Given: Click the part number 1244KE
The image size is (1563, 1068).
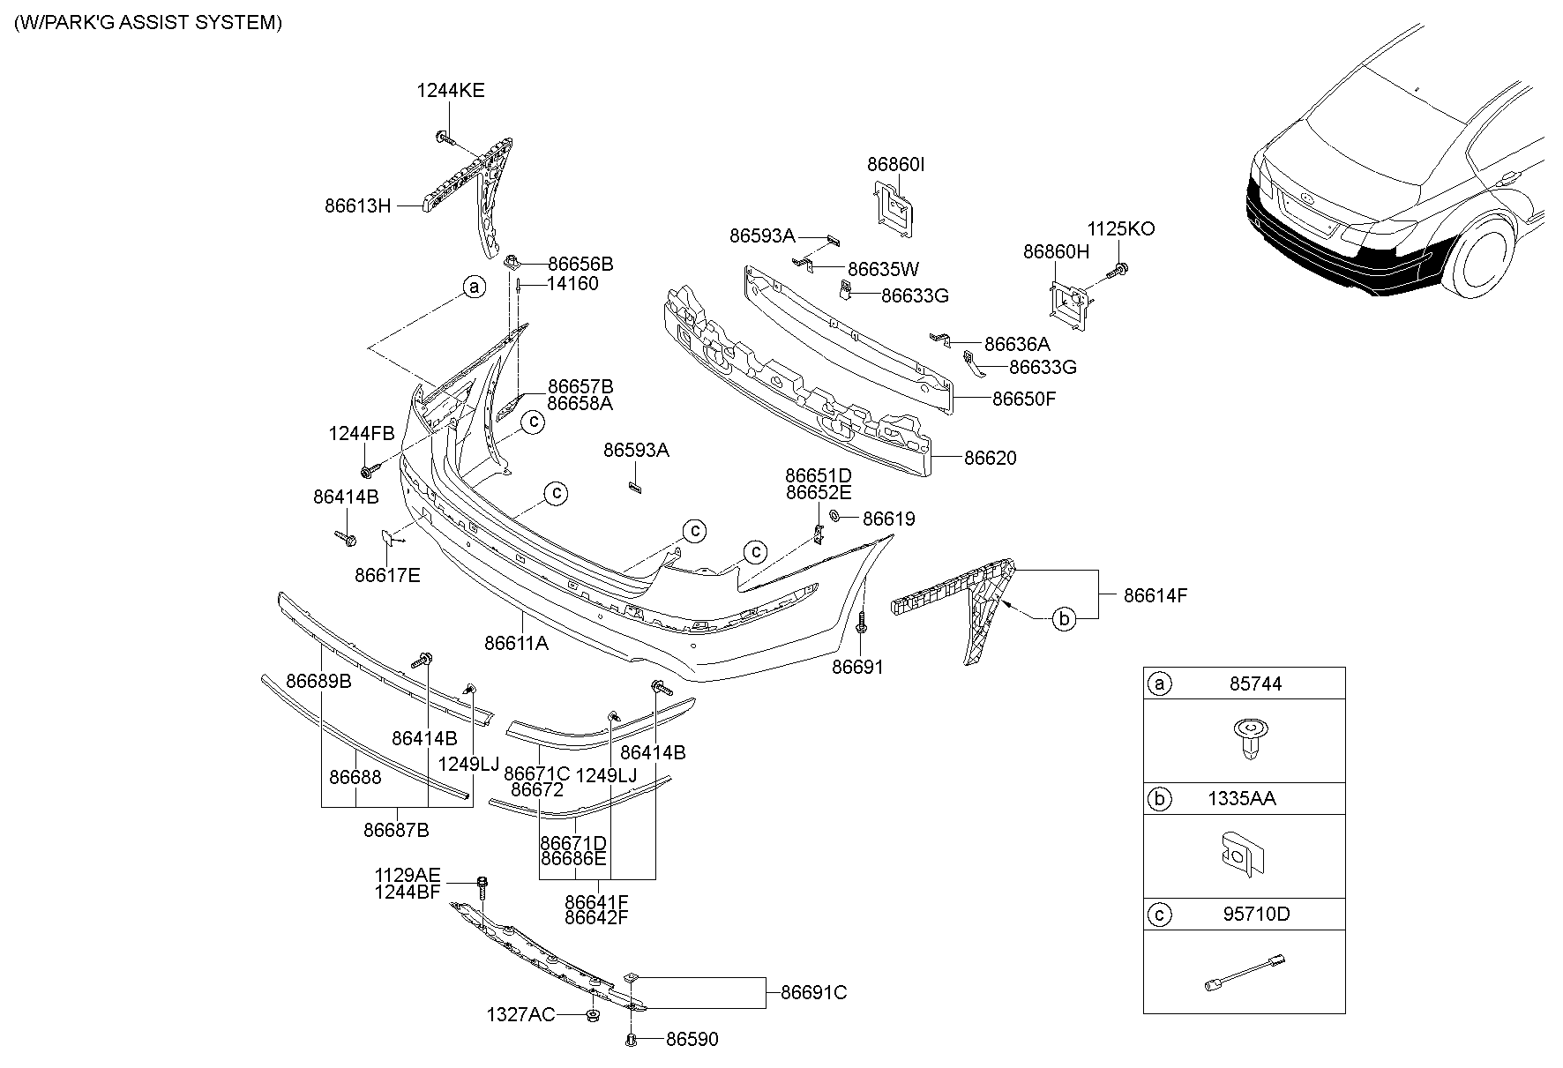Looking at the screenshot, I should pos(450,90).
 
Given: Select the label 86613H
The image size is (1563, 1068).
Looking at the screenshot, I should pos(357,205).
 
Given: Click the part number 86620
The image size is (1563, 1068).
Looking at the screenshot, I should pos(990,458).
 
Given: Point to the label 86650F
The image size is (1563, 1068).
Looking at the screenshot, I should pos(1023,398).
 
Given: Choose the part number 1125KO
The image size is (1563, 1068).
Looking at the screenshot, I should pos(1120,228).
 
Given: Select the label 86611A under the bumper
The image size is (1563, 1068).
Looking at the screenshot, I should pos(516,644).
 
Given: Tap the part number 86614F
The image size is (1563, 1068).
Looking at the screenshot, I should pos(1155,595).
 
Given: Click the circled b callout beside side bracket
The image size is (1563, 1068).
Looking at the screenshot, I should pos(1065,619).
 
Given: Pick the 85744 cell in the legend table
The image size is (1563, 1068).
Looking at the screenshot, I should pos(1255,683).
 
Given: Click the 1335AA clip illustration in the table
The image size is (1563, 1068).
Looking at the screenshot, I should pos(1244,856).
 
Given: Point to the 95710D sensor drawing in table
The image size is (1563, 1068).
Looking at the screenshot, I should pos(1244,971).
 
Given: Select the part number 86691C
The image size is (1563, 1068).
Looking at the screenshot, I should pos(813,992).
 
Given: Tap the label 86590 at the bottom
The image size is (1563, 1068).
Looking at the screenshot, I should pos(692,1040).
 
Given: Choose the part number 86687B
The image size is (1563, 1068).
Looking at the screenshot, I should pos(396,830).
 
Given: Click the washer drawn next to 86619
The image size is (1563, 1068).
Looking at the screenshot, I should pos(834,517).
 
